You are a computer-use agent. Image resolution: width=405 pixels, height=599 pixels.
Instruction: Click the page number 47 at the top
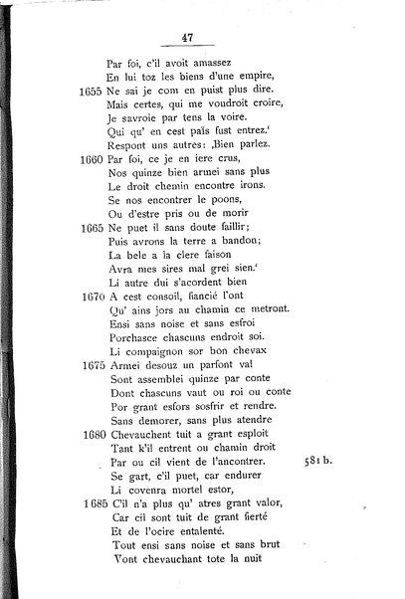[x=186, y=38]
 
